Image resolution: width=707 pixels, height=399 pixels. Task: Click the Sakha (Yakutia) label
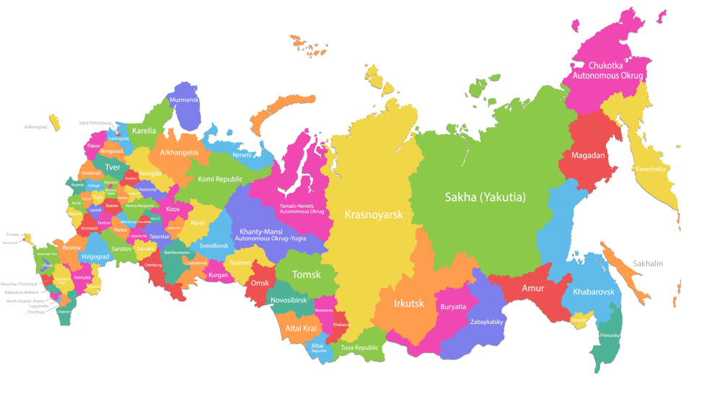pos(484,197)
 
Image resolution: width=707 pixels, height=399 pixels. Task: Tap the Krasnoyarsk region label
pos(373,214)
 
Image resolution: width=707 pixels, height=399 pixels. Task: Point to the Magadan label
pos(588,155)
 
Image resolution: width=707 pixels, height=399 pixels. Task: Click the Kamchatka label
pos(651,169)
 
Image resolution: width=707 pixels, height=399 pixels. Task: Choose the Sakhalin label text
pos(649,264)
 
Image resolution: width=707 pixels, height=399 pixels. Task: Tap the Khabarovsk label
pos(593,291)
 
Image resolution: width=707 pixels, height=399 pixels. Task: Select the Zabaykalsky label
pos(486,322)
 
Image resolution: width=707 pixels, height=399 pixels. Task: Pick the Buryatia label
pos(453,307)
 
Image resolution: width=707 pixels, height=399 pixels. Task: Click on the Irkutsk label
pos(409,303)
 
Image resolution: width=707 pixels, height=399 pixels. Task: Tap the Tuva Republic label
pos(359,348)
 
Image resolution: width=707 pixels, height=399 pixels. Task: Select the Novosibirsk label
pos(289,299)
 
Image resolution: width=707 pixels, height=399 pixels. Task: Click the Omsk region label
pos(259,283)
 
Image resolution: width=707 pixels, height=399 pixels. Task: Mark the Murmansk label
pos(184,100)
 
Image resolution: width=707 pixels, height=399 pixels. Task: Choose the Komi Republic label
pos(221,179)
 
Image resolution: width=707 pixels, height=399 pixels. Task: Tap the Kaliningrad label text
pos(35,127)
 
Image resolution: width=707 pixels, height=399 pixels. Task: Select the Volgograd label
pos(95,256)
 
